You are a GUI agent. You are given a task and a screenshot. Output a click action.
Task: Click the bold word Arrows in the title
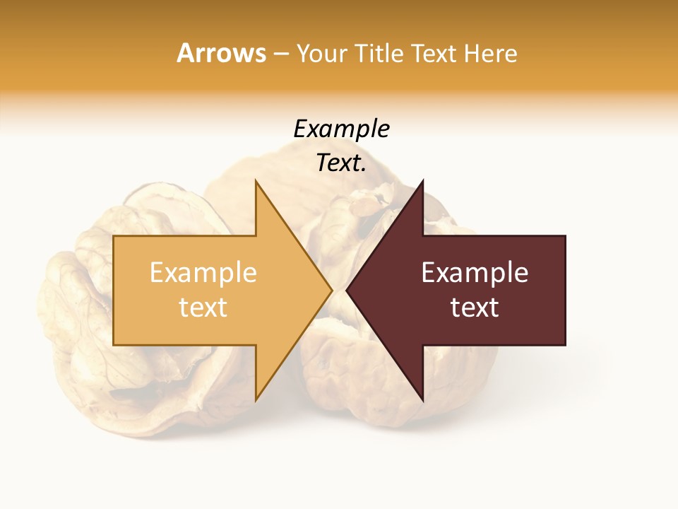(221, 53)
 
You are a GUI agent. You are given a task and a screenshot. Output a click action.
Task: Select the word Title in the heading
(381, 53)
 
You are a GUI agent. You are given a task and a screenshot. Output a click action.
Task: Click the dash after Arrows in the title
(282, 54)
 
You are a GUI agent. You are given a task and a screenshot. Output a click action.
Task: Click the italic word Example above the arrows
(342, 129)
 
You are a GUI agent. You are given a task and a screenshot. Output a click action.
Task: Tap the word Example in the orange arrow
(203, 273)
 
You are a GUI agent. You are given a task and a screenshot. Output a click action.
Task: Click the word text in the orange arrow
(203, 308)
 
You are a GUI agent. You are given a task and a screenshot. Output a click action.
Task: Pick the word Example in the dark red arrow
(475, 273)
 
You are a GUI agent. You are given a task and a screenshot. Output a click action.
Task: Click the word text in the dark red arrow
(475, 308)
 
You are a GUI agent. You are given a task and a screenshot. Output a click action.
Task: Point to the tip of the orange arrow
(331, 290)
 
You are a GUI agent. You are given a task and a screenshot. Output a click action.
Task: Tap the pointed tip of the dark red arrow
(347, 290)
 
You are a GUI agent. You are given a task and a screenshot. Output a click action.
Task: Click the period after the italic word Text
(363, 170)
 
